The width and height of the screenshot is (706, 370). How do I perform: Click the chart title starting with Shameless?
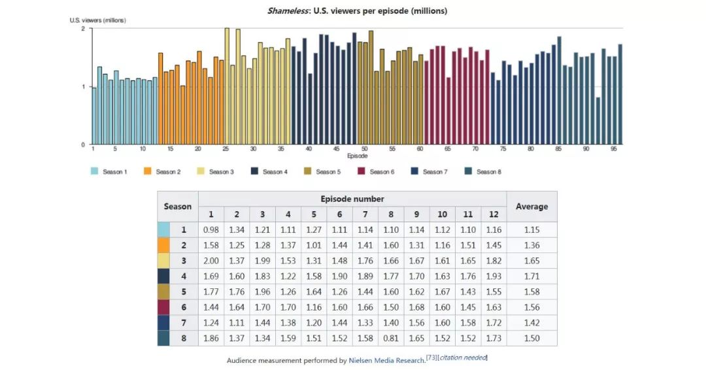[x=357, y=10]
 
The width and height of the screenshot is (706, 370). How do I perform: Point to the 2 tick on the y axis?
[x=83, y=29]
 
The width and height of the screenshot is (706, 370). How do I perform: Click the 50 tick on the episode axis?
[x=365, y=150]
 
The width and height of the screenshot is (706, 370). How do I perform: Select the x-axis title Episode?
[x=357, y=156]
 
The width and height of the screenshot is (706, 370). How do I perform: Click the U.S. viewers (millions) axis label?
[x=98, y=20]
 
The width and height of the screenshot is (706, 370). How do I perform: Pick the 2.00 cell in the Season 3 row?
[x=210, y=261]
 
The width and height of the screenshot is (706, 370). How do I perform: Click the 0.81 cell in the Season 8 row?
[x=392, y=338]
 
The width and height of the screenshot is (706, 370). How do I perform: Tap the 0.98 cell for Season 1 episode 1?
[x=210, y=230]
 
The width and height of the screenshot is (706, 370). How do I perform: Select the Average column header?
[x=531, y=207]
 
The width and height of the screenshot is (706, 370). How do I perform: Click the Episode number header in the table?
[x=352, y=199]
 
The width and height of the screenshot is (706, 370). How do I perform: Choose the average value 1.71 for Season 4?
[x=531, y=277]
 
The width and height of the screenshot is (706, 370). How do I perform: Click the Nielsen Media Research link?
[x=386, y=360]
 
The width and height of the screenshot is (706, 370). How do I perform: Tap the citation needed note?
[x=463, y=358]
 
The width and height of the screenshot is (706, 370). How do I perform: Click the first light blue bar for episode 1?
[x=94, y=116]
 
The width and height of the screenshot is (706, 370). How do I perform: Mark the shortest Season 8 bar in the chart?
[x=598, y=121]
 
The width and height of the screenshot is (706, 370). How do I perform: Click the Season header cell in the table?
[x=178, y=207]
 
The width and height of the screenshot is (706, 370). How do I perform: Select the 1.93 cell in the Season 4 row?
[x=494, y=277]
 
